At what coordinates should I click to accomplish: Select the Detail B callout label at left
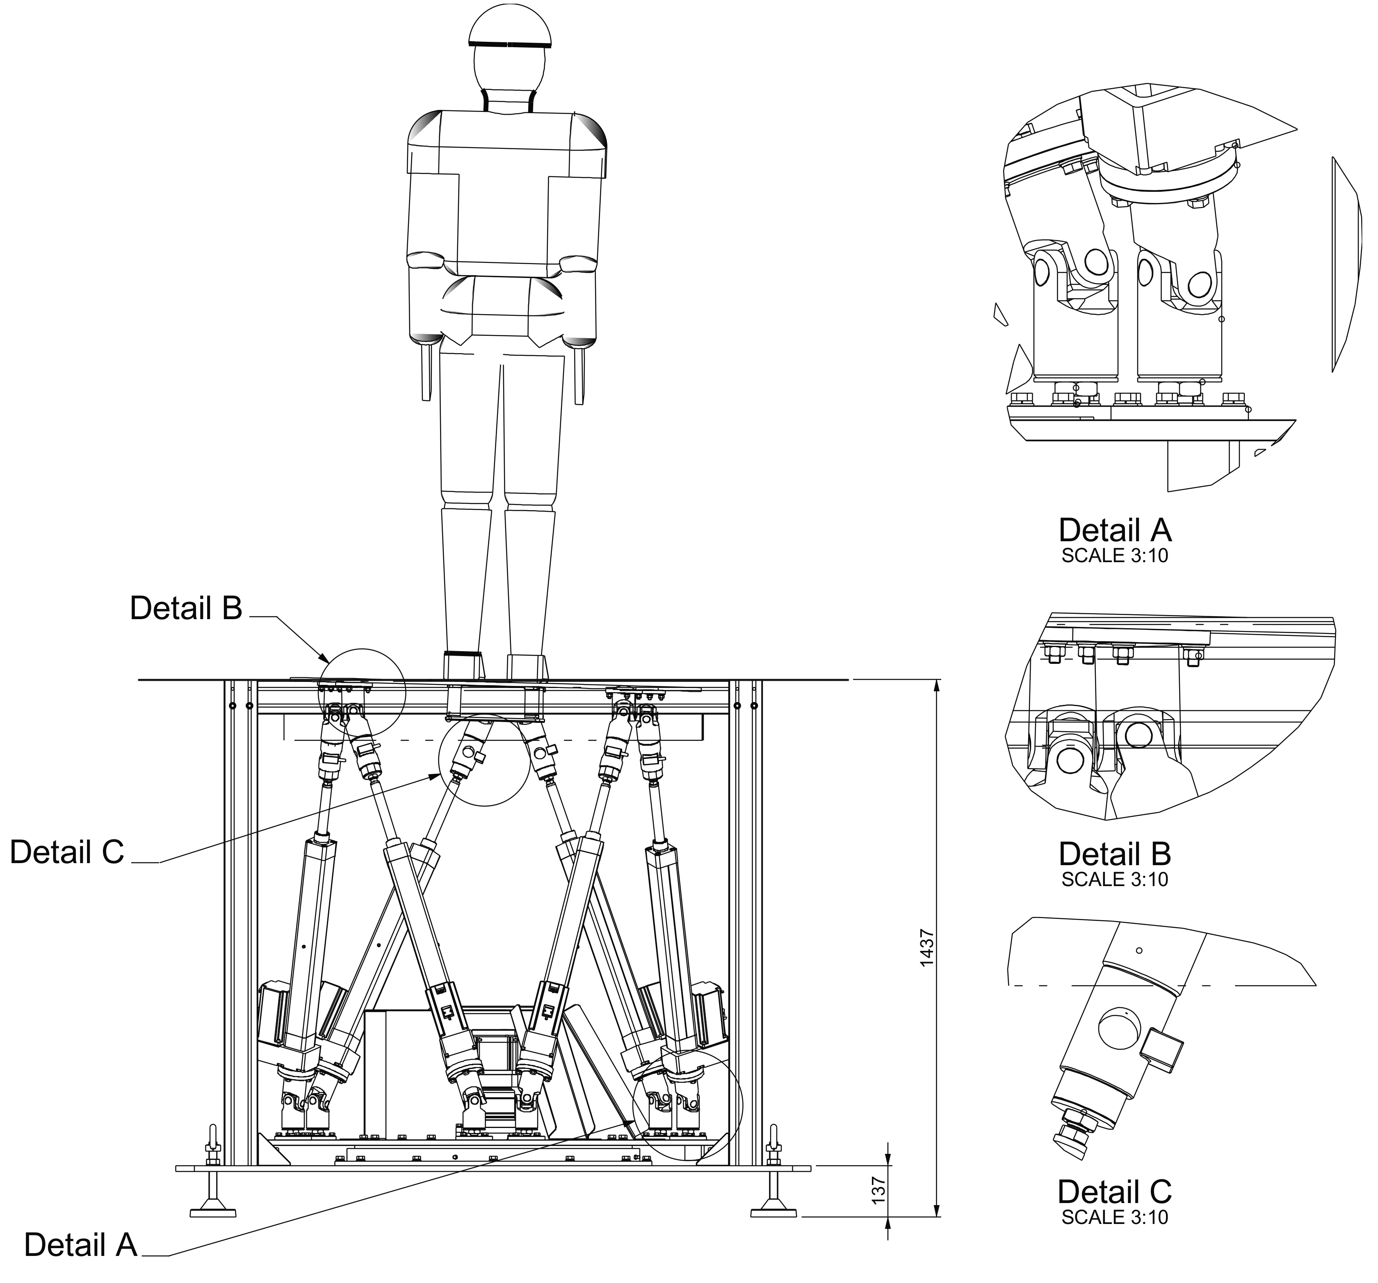(x=186, y=608)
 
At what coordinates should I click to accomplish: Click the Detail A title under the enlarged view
(x=1115, y=530)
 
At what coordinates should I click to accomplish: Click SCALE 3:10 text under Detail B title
(x=1115, y=880)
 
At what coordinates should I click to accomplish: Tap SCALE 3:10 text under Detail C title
(x=1115, y=1217)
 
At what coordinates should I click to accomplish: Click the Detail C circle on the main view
(x=484, y=760)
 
